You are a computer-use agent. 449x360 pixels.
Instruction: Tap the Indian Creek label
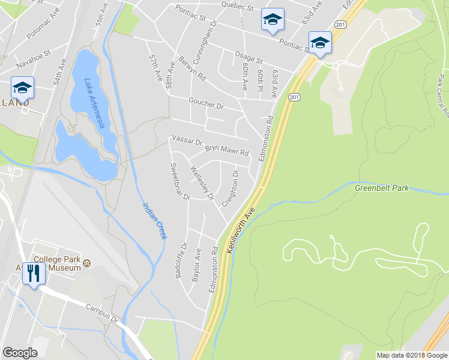(154, 221)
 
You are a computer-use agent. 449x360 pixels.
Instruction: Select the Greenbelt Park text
(381, 188)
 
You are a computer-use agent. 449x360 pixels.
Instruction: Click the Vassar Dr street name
(187, 140)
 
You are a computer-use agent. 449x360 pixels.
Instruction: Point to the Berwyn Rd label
(192, 69)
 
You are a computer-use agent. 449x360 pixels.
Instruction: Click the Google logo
(20, 352)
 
